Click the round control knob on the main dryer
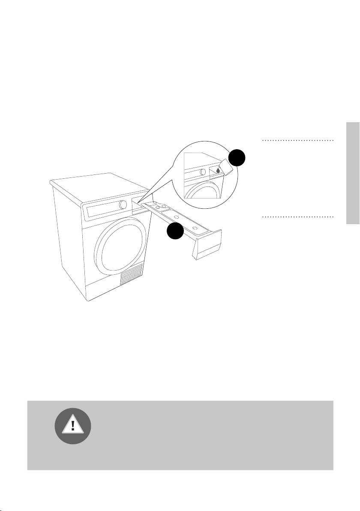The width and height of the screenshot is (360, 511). [x=123, y=205]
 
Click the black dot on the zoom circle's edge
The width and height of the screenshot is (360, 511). [x=236, y=159]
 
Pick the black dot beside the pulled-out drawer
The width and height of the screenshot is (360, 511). [x=175, y=232]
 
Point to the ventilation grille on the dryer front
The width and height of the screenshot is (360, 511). [x=130, y=275]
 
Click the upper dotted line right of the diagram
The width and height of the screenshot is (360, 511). [x=297, y=141]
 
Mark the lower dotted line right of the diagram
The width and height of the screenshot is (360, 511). [x=297, y=217]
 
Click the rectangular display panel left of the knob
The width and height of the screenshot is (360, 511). [x=102, y=210]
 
